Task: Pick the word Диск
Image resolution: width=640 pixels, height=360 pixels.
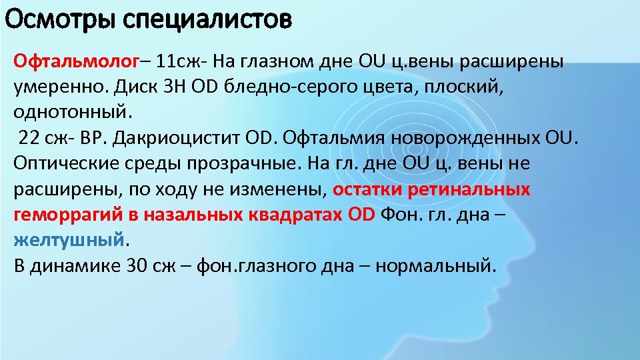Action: pos(136,87)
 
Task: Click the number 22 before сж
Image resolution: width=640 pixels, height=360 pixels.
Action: pos(30,138)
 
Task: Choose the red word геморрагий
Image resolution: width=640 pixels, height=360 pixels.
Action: pos(67,215)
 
